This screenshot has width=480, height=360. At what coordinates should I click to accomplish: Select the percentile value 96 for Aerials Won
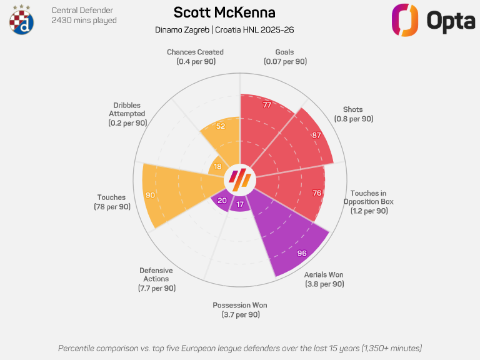tap(302, 253)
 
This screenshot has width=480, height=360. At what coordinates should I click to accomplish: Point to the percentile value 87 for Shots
tap(317, 135)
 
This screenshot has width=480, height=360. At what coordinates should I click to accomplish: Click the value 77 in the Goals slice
tap(267, 105)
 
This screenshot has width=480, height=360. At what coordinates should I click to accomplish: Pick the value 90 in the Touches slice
tap(150, 195)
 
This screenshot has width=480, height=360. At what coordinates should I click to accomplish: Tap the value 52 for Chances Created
tap(220, 126)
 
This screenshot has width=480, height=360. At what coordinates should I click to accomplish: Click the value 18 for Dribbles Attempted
tap(217, 166)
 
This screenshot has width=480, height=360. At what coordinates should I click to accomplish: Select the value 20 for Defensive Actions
tap(222, 201)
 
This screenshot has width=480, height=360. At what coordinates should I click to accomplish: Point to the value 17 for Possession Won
tap(241, 204)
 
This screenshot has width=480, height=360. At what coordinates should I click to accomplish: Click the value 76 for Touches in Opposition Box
tap(317, 193)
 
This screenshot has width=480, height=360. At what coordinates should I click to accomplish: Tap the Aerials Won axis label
tap(324, 279)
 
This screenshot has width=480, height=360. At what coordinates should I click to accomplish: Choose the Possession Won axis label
tap(240, 309)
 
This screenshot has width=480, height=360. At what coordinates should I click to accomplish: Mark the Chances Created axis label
tap(195, 57)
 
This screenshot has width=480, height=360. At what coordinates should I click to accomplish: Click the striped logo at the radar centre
tap(240, 180)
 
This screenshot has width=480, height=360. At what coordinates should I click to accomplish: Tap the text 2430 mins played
tap(84, 21)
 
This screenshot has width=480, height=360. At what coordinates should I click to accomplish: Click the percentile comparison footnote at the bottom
tap(240, 347)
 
